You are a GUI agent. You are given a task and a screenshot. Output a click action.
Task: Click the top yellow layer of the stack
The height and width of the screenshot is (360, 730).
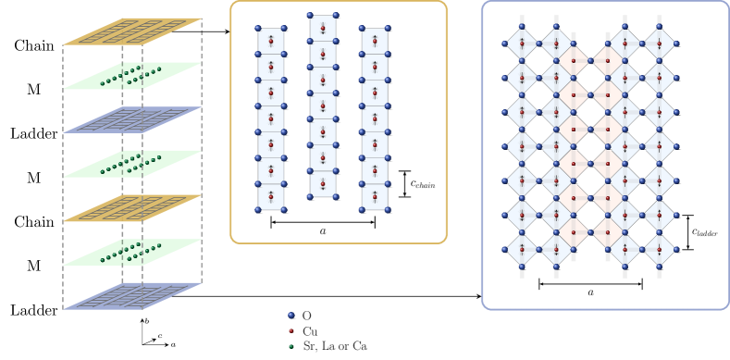click(x=132, y=31)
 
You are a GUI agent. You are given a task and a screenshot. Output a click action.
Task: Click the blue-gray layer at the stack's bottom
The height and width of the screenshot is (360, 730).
click(x=132, y=296)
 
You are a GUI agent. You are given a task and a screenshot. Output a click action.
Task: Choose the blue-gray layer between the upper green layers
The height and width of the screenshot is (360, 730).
click(x=132, y=120)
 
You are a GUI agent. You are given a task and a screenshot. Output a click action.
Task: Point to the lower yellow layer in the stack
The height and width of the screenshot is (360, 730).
click(x=132, y=208)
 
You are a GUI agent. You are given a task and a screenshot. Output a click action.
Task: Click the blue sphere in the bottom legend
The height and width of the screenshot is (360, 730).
click(x=291, y=316)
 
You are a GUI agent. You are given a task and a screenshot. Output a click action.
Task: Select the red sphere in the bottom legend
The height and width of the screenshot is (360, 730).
click(x=291, y=331)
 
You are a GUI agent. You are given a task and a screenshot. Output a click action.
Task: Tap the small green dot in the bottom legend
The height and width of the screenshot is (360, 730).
click(x=291, y=346)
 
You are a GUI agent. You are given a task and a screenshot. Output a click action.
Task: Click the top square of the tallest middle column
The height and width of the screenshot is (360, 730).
click(x=322, y=28)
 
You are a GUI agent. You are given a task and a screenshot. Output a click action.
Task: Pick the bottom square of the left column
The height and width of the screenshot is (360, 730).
click(x=270, y=197)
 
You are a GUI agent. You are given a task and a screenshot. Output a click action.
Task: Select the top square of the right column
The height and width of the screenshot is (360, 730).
click(x=374, y=41)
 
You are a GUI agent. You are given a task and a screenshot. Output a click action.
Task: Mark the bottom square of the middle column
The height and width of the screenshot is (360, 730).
click(x=322, y=184)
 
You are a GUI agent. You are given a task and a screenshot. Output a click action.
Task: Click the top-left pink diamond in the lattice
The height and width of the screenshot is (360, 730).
click(x=574, y=61)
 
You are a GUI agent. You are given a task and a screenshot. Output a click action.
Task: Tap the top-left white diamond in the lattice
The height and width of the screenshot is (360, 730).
click(x=522, y=43)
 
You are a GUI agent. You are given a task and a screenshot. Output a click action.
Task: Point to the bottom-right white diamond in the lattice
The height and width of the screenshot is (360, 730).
click(x=659, y=249)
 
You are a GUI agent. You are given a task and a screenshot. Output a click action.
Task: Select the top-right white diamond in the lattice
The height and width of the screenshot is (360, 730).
click(x=659, y=43)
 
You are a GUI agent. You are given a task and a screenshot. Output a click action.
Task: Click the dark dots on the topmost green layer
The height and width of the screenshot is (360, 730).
click(x=130, y=75)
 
